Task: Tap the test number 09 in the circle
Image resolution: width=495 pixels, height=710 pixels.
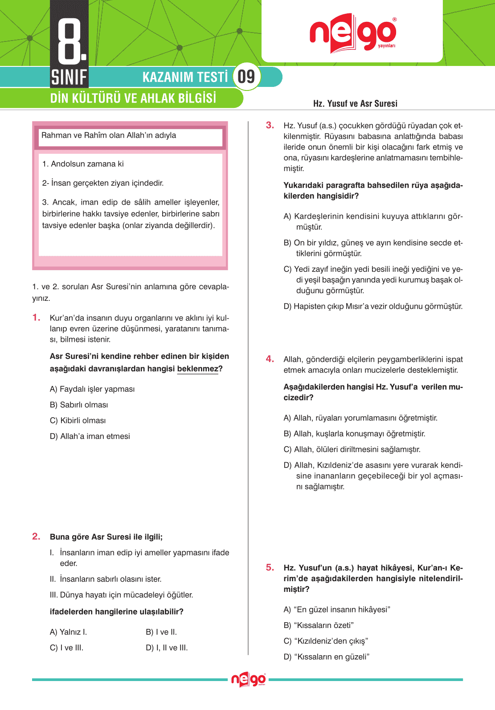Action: coord(246,77)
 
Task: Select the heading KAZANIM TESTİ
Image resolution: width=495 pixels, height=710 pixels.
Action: coord(185,77)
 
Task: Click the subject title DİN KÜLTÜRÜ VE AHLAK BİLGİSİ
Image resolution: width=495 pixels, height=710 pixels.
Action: coord(133,98)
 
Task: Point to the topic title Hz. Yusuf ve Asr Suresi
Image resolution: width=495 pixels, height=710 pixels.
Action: coord(355,103)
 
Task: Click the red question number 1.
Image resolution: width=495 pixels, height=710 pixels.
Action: coord(37,318)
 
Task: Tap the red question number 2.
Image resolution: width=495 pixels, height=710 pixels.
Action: coord(37,537)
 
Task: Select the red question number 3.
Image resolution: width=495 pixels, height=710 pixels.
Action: coord(270,125)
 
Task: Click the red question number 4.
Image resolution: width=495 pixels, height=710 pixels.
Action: coord(270,359)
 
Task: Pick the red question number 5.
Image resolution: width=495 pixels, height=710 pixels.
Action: coord(270,567)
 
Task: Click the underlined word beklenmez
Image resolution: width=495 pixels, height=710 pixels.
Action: coord(197,369)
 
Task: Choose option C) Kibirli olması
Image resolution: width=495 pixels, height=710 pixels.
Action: coord(78,421)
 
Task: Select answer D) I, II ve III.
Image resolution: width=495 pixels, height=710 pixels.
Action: coord(167,648)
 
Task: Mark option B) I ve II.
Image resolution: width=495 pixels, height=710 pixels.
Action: coord(161,632)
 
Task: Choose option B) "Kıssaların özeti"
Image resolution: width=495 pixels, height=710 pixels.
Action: coord(319,625)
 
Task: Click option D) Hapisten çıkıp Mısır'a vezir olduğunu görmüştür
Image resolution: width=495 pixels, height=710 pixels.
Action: coord(373,307)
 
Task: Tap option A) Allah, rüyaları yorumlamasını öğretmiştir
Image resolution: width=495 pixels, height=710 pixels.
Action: coord(360,418)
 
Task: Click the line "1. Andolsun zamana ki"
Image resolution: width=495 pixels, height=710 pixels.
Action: coord(83,164)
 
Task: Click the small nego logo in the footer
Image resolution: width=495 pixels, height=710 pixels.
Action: coord(248,680)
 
